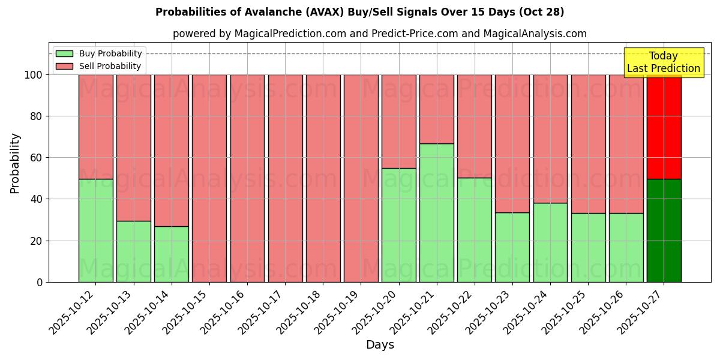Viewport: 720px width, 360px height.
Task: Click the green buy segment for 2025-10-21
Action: tap(436, 212)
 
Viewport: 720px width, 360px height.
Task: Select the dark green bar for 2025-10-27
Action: tap(664, 230)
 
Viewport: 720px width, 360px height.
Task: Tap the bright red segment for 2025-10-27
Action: tap(664, 127)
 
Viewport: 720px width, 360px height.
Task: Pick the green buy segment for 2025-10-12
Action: tap(95, 230)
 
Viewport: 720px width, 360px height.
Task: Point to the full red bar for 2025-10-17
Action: tap(285, 178)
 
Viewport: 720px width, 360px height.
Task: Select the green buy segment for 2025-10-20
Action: tap(398, 225)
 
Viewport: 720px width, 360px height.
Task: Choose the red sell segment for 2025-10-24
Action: tap(550, 139)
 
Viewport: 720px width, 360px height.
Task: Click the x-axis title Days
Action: tap(380, 345)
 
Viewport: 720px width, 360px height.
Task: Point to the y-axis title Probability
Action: tap(15, 163)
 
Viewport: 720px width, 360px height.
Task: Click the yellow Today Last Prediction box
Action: tap(663, 62)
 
